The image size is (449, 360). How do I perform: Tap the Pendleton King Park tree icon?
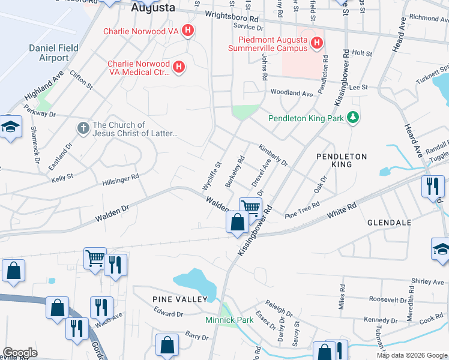(354, 118)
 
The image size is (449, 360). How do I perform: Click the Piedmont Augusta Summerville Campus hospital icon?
(318, 43)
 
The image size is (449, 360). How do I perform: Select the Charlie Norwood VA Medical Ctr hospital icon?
(178, 68)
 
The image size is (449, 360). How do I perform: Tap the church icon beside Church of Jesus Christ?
(83, 128)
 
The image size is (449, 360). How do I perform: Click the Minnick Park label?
(229, 320)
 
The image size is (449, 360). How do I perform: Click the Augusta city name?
(153, 8)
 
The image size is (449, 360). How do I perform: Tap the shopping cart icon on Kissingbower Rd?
(250, 208)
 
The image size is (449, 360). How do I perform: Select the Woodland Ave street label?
(292, 94)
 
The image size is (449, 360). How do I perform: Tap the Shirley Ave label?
(410, 281)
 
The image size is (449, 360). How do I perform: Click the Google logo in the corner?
(20, 353)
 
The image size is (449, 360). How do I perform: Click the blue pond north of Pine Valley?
(195, 280)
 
